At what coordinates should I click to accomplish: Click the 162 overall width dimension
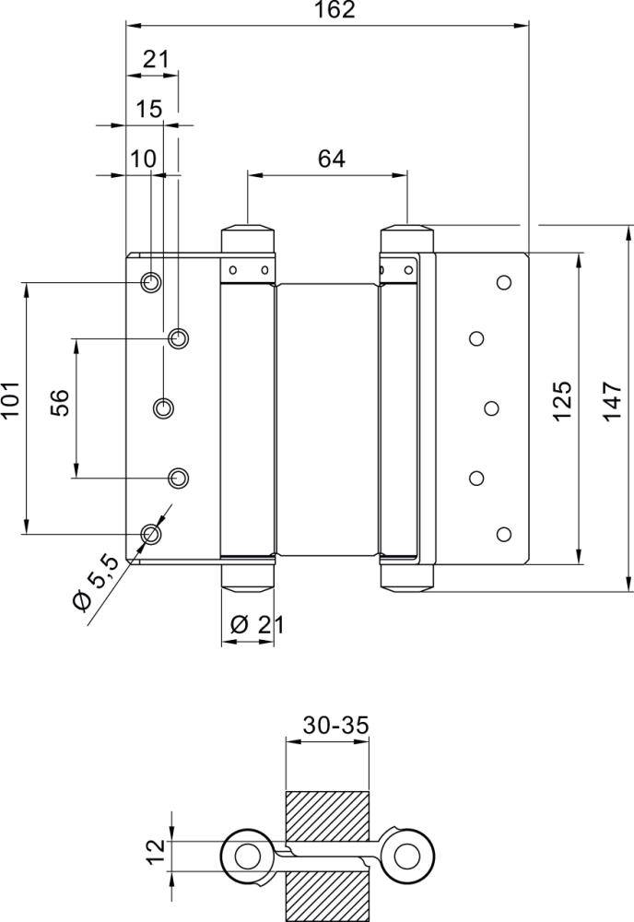(327, 10)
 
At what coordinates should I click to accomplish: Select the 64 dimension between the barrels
(331, 158)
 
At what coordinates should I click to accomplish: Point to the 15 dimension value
(148, 109)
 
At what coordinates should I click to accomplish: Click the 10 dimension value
(143, 158)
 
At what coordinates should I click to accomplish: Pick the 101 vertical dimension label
(11, 402)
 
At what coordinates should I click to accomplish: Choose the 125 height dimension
(563, 401)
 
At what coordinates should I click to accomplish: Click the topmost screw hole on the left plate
(150, 281)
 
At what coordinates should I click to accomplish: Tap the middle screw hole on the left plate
(164, 407)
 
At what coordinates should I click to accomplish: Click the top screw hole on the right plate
(503, 281)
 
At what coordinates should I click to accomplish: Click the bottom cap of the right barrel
(406, 578)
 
